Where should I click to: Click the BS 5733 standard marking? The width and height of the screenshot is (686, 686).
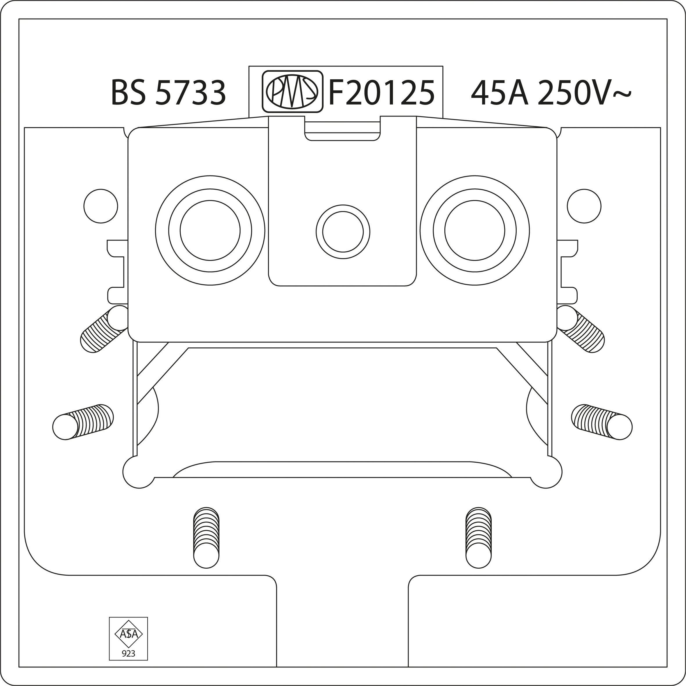coord(168,92)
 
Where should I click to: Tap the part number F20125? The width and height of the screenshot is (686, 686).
coord(382,92)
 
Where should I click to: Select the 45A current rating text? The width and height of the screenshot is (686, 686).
coord(500,92)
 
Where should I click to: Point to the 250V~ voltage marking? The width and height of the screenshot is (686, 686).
coord(584,92)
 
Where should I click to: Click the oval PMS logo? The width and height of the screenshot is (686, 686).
coord(292,91)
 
